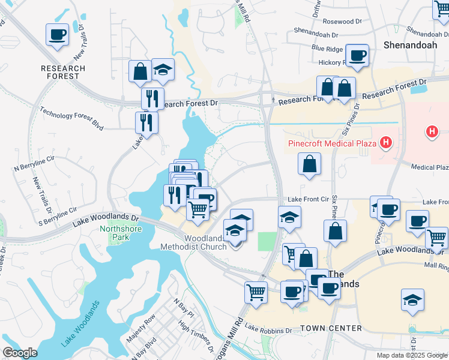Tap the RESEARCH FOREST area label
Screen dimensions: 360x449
[x=60, y=72]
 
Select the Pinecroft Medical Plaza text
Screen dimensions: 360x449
[x=331, y=143]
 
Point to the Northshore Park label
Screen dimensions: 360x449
[x=115, y=233]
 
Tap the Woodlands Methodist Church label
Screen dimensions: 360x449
[x=192, y=242]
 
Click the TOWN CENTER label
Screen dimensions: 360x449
[x=331, y=328]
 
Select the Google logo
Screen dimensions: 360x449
[x=20, y=352]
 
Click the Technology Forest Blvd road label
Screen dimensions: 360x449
[x=71, y=119]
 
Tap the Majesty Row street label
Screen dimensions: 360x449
[x=141, y=328]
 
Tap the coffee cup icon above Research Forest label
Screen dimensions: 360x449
[x=58, y=34]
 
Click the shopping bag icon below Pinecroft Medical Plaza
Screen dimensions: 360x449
[x=309, y=163]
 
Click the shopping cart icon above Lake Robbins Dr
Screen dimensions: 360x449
[x=256, y=292]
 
